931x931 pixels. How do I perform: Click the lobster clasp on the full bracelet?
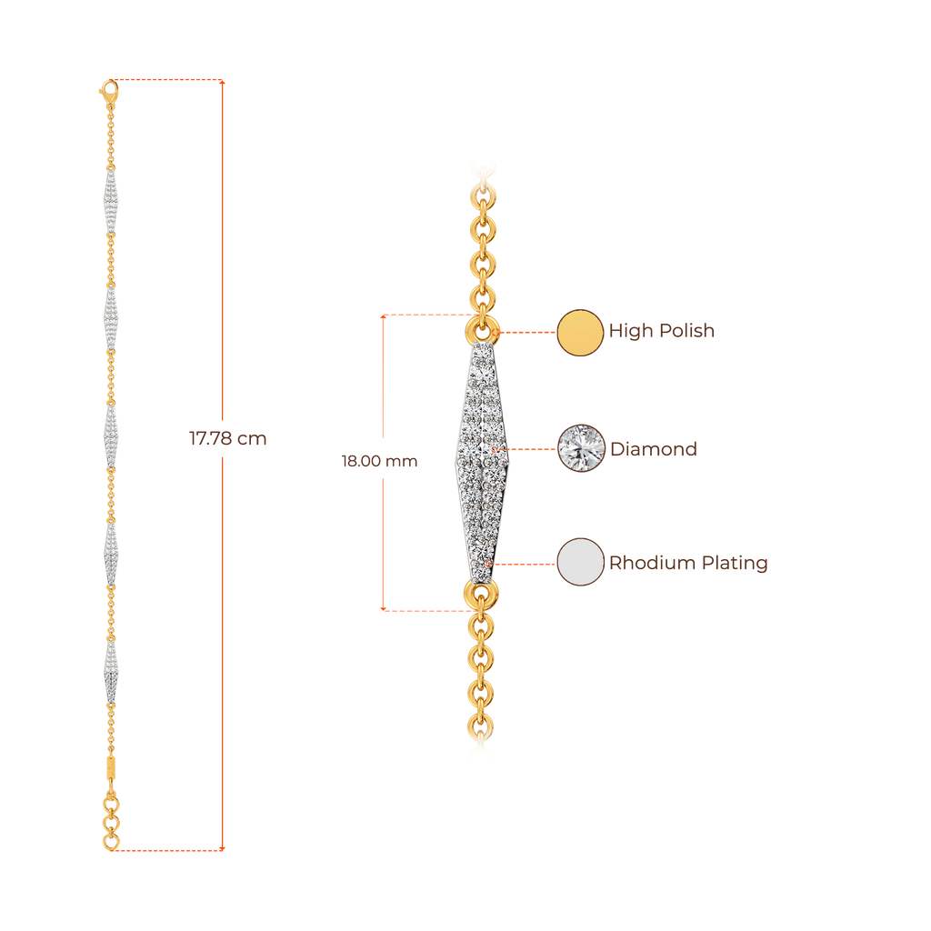(x=108, y=89)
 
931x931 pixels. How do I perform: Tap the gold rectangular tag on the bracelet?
(x=111, y=766)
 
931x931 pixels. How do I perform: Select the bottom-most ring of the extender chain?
(x=111, y=842)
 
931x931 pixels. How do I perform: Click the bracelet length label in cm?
(x=227, y=439)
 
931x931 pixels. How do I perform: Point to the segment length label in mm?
(x=378, y=461)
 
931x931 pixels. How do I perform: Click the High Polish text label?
(x=662, y=332)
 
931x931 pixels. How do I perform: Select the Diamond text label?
(x=654, y=449)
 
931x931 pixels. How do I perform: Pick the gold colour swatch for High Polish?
(x=580, y=332)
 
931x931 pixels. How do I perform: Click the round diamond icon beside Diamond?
(x=581, y=447)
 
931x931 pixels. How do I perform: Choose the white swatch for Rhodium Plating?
(x=581, y=562)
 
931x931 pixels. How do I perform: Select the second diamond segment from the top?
(x=110, y=318)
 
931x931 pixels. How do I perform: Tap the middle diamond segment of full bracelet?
(x=110, y=436)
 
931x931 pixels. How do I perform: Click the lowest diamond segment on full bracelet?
(x=110, y=671)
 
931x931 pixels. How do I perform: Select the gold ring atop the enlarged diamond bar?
(x=482, y=328)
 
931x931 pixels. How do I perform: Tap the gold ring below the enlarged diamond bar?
(x=482, y=596)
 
